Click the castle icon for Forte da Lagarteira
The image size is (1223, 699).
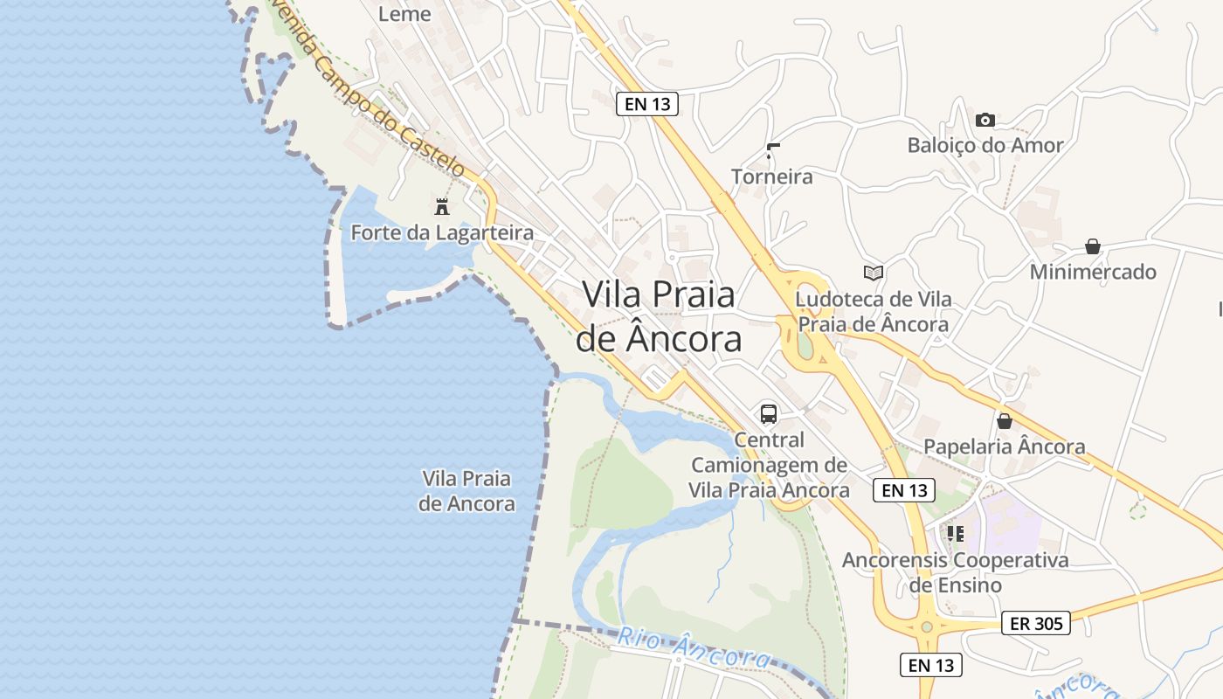(442, 207)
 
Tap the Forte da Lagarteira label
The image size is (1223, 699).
(442, 233)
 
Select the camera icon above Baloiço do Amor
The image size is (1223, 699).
(985, 120)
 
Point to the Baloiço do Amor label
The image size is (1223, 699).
(985, 145)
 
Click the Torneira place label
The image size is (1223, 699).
(771, 176)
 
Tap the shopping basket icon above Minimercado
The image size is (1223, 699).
(1092, 246)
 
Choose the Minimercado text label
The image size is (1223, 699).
(1092, 272)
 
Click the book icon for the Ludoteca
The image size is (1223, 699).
(874, 273)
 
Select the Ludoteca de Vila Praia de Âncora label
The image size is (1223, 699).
(874, 312)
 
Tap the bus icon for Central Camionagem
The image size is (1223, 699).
(769, 413)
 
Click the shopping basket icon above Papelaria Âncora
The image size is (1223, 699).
(1005, 421)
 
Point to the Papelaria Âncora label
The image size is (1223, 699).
(1005, 446)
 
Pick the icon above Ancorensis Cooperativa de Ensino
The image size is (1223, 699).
(956, 533)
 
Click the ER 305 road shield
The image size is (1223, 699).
(1035, 623)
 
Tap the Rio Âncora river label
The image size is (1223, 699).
(694, 647)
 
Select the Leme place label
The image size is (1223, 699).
(404, 13)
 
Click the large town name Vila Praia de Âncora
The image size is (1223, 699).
(659, 316)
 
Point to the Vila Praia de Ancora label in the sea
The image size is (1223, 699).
(466, 491)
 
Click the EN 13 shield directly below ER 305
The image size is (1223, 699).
(930, 665)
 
